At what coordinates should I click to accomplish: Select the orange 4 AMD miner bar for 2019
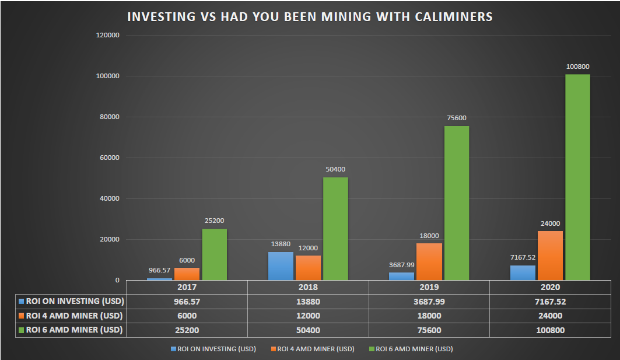[429, 261]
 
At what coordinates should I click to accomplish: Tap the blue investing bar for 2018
[281, 265]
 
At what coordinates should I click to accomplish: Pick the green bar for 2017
[215, 254]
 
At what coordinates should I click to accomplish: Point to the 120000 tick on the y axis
[108, 35]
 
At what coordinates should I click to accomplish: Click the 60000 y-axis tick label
[110, 158]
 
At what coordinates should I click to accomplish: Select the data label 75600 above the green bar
[457, 118]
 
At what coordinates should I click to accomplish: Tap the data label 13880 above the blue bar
[281, 244]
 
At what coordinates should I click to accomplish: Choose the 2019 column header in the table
[429, 287]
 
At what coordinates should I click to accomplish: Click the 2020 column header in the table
[550, 287]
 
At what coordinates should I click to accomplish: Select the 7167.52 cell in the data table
[550, 302]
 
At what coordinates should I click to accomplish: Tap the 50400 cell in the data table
[308, 330]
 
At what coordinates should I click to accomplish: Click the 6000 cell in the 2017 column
[187, 316]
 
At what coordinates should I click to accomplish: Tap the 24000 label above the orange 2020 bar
[550, 223]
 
